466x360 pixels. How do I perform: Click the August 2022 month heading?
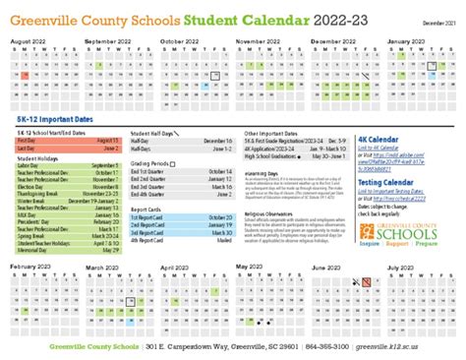[29, 41]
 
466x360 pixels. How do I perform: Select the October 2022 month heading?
[179, 41]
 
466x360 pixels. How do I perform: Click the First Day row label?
[27, 140]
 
